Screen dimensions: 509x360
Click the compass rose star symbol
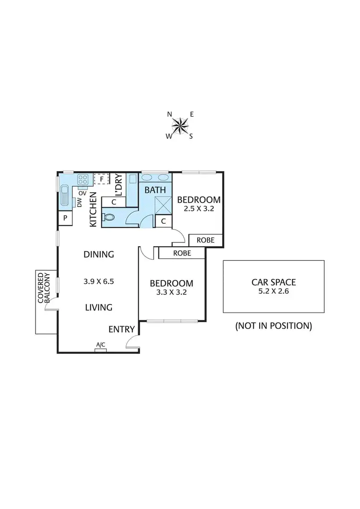coord(180,125)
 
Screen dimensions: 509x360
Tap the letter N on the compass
coord(169,114)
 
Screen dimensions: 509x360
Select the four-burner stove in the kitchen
coord(83,180)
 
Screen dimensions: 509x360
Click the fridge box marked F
coord(101,179)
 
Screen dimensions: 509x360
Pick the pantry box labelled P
coord(64,219)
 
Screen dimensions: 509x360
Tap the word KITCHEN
coord(93,209)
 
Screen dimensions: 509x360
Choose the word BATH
coord(155,190)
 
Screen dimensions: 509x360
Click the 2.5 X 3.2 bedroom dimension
coord(199,209)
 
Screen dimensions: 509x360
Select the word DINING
coord(98,254)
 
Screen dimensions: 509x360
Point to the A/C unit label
coord(101,345)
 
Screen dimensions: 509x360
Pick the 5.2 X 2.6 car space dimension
coord(273,291)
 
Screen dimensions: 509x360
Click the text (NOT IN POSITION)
coord(273,326)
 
